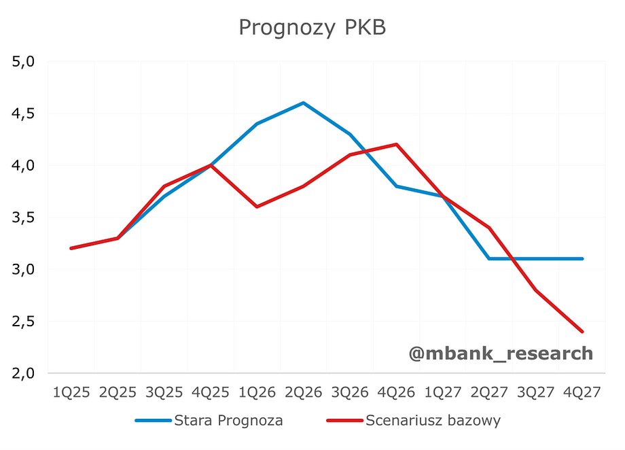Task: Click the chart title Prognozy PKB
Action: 312,27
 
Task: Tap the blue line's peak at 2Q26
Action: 303,103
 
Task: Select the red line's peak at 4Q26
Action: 396,144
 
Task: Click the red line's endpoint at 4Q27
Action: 582,332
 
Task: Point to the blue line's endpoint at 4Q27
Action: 582,258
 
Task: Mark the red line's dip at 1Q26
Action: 257,207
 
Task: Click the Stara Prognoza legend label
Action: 229,421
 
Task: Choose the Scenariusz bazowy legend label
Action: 433,421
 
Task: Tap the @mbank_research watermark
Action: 501,353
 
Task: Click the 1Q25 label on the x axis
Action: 71,392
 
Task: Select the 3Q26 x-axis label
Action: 350,392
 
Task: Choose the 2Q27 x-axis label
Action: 489,392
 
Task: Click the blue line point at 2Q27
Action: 489,258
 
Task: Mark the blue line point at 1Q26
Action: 257,124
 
